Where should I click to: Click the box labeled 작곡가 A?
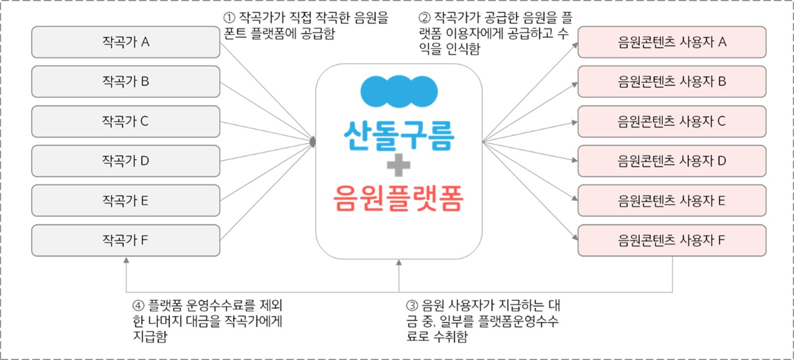coord(125,42)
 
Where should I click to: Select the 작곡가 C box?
coord(125,121)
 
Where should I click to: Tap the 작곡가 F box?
coord(125,240)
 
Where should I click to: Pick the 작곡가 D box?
coord(125,161)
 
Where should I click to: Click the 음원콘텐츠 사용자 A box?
coord(672,42)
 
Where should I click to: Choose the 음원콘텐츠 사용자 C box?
coord(672,121)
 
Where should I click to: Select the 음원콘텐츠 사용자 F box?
coord(672,240)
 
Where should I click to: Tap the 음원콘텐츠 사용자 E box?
coord(672,201)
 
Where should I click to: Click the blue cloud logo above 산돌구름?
coord(399,91)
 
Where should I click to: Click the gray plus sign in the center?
coord(399,165)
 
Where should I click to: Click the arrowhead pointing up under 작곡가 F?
coord(126,260)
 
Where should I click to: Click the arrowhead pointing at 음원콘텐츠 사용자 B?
coord(574,84)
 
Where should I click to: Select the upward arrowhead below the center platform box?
coord(399,263)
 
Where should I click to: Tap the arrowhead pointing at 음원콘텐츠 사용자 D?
coord(574,162)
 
